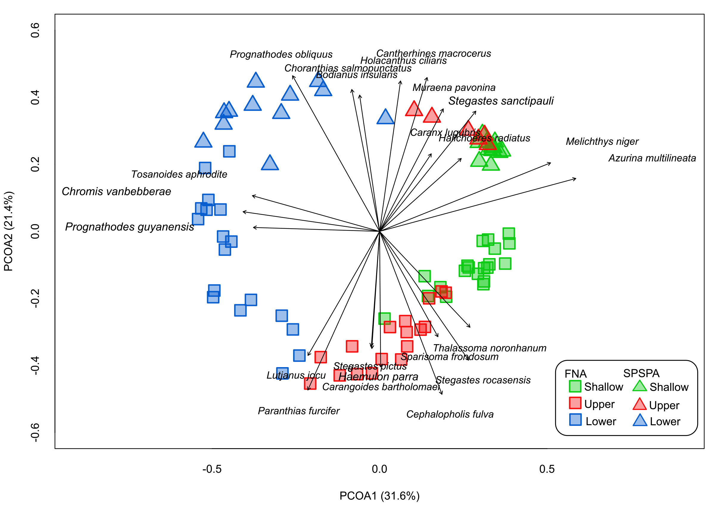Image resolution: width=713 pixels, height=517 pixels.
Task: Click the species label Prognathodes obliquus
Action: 281,55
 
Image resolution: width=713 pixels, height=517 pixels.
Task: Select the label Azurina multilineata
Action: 652,158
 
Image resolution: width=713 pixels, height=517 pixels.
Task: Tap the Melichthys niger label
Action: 602,142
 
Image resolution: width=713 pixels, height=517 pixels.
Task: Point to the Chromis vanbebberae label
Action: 116,192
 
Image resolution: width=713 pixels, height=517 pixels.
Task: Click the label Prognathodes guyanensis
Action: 130,227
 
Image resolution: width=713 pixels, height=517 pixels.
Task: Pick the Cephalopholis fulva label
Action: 450,414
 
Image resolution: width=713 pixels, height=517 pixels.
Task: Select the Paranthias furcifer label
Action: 299,411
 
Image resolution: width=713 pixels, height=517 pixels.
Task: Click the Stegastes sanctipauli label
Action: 501,101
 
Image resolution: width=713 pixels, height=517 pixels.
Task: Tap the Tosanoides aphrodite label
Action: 179,174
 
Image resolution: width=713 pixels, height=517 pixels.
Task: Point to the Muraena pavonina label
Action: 454,87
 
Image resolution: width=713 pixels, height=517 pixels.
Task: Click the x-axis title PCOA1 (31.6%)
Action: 379,496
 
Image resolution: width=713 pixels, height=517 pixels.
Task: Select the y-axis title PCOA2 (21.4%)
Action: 8,231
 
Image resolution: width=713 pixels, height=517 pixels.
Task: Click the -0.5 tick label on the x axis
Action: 212,469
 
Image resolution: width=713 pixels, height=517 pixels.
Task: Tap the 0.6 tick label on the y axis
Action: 35,30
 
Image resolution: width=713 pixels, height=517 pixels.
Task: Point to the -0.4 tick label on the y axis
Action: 35,366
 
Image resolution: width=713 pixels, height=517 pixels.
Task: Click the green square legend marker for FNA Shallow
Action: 575,386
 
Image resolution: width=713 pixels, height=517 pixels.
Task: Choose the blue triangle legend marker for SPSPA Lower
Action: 640,420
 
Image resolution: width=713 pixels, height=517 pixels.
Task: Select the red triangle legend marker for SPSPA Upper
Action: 639,404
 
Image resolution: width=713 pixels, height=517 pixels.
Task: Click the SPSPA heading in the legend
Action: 641,373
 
